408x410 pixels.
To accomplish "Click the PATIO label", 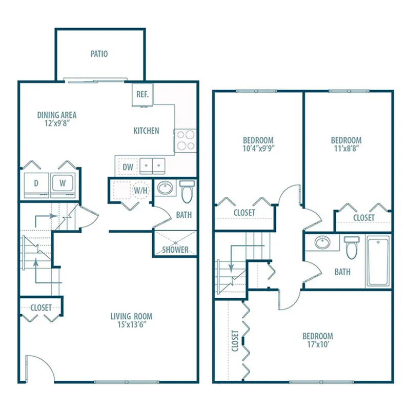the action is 99,54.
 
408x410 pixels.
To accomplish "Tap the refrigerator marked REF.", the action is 142,95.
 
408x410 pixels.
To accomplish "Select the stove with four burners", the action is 185,140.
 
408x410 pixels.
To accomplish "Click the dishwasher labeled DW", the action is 128,167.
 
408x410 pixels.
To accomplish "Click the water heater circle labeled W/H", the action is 141,190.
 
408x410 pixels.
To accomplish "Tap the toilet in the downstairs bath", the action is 187,192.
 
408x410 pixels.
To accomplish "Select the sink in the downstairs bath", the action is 165,188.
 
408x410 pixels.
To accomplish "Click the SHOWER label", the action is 175,250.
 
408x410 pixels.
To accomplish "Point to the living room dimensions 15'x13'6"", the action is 131,324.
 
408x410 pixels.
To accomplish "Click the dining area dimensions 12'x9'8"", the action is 57,123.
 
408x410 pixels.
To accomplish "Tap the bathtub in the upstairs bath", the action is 378,261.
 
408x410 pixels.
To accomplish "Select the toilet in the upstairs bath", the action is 352,248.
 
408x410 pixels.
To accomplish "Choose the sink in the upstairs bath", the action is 322,242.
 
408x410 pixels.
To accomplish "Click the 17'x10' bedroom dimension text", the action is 318,344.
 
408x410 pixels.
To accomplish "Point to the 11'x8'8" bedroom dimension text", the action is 346,148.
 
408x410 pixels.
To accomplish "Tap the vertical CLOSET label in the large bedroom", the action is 235,341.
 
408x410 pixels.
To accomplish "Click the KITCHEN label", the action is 146,131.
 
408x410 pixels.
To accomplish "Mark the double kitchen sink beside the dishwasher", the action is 152,166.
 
